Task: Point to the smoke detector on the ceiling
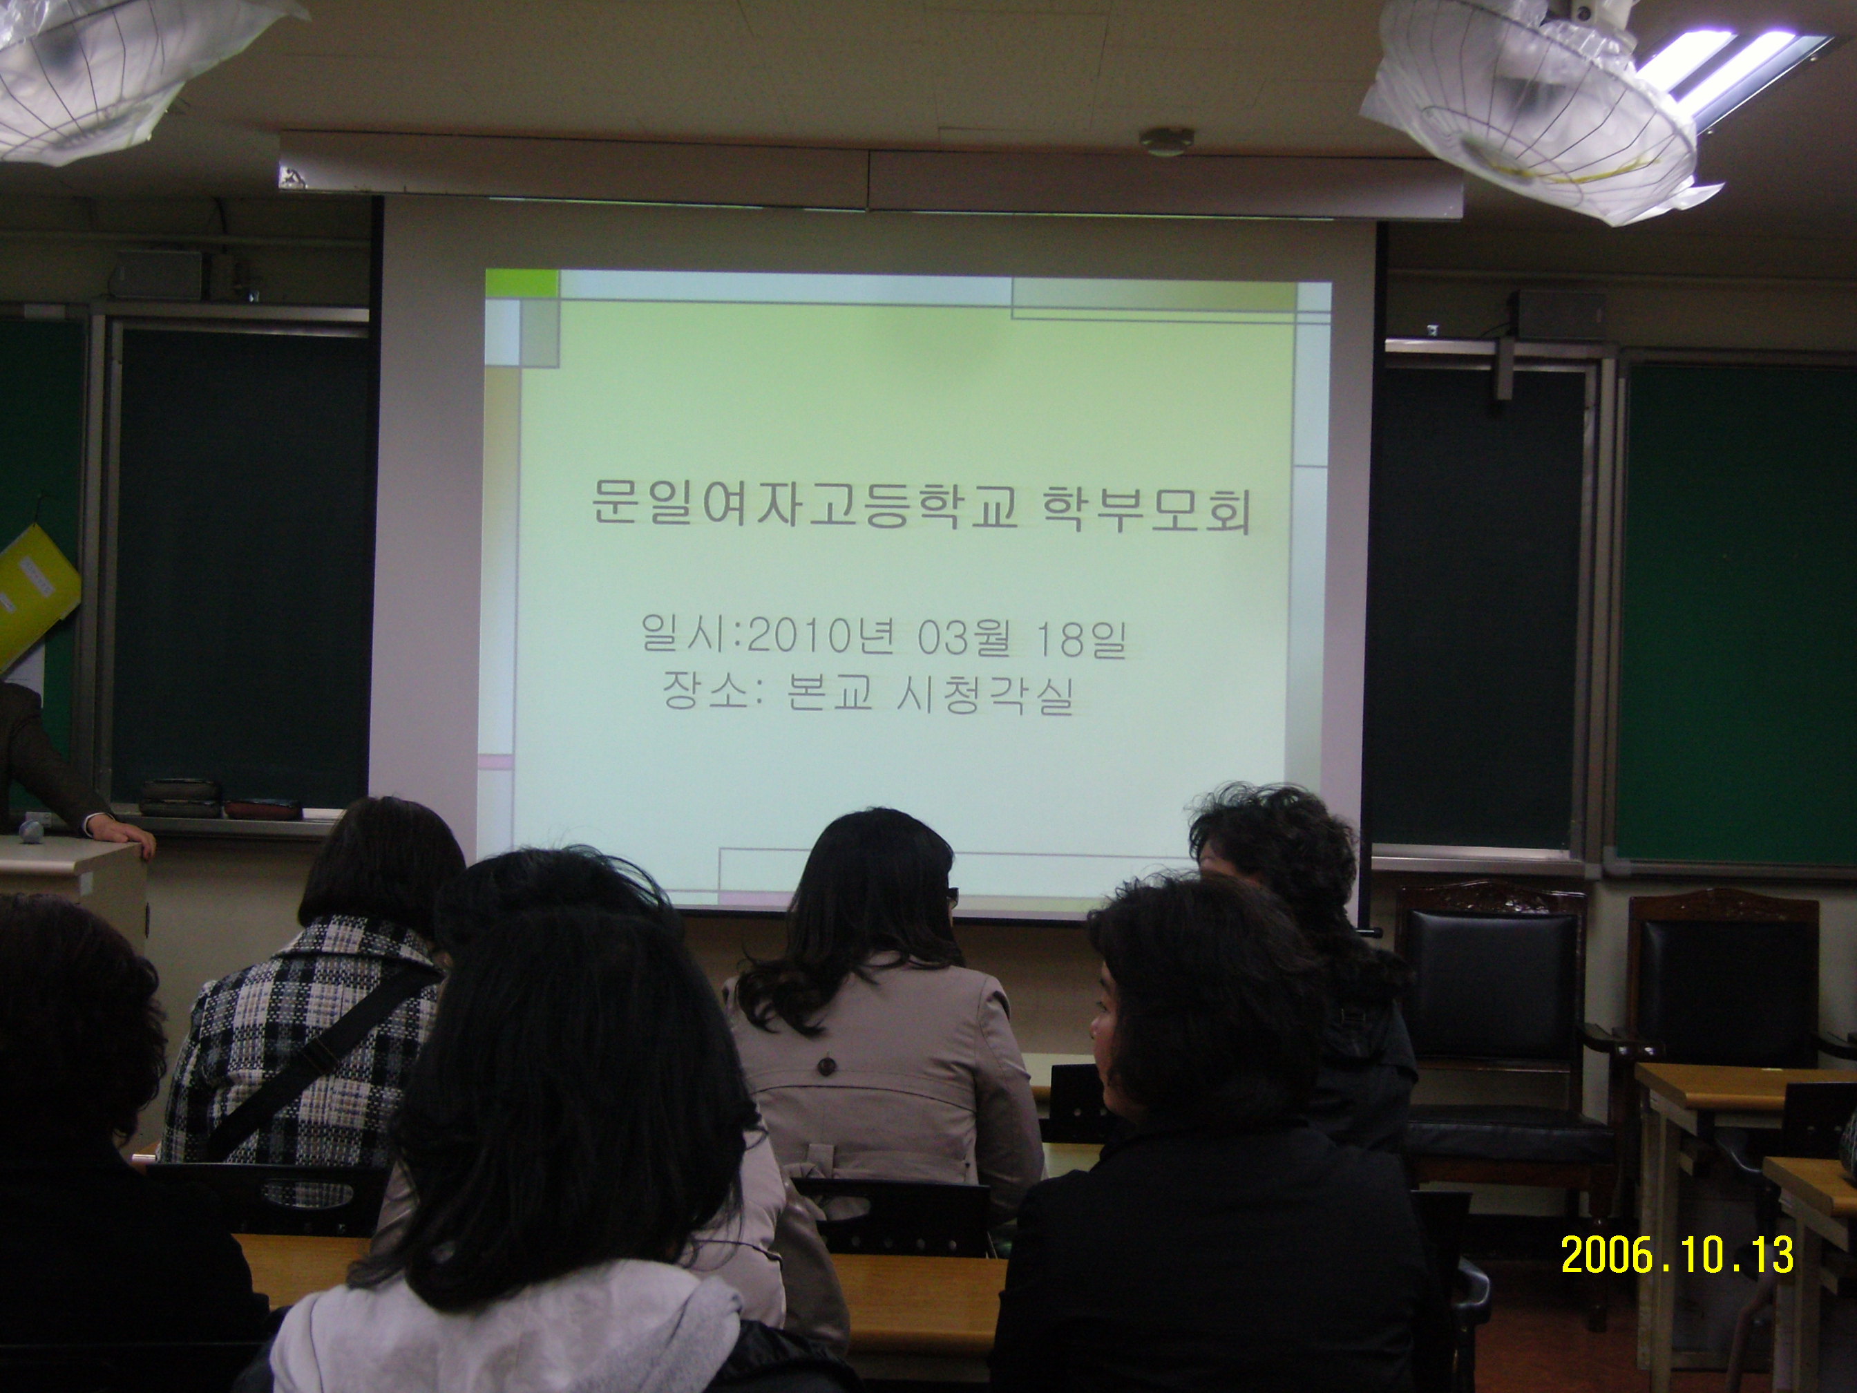coord(1165,140)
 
